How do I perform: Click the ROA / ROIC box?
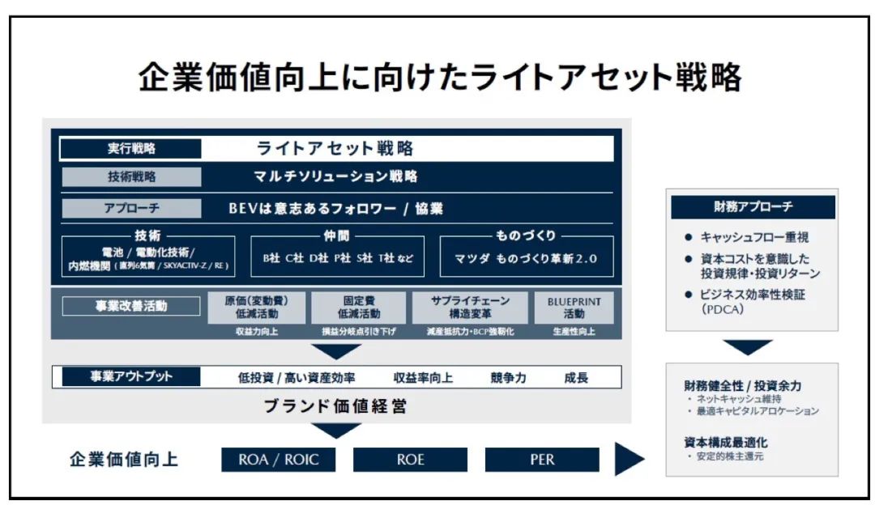(x=279, y=460)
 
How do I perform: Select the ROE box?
(x=410, y=460)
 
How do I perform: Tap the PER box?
(x=542, y=460)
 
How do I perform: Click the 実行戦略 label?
(x=131, y=149)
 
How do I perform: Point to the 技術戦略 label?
(x=131, y=176)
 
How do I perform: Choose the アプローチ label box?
(x=131, y=208)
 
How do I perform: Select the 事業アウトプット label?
(x=130, y=377)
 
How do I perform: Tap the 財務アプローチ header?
(x=753, y=207)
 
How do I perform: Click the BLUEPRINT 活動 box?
(x=574, y=308)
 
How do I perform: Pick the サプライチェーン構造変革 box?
(x=470, y=308)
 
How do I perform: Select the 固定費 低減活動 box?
(x=358, y=308)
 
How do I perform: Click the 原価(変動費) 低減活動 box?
(x=256, y=308)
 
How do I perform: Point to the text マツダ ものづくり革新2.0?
(x=525, y=259)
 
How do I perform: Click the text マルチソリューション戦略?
(x=335, y=176)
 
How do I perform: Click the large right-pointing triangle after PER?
(x=629, y=460)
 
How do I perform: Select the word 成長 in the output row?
(x=576, y=377)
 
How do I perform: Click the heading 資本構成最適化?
(x=725, y=442)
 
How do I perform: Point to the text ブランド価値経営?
(x=335, y=406)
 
